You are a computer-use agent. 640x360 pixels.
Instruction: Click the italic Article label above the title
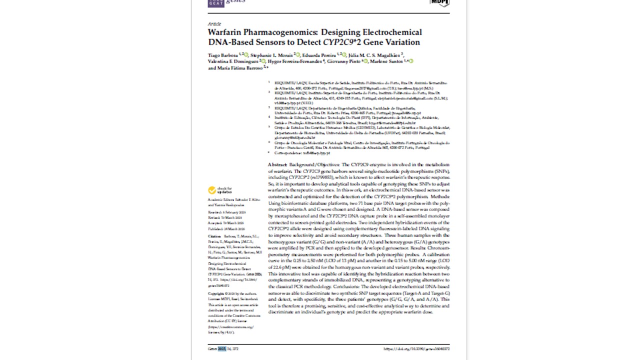pyautogui.click(x=214, y=23)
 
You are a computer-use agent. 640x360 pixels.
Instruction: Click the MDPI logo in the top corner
pyautogui.click(x=439, y=3)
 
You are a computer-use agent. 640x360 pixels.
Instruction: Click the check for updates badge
pyautogui.click(x=220, y=190)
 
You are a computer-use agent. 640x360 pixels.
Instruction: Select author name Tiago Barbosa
pyautogui.click(x=223, y=54)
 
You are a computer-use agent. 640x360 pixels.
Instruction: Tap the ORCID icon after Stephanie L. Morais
pyautogui.click(x=297, y=54)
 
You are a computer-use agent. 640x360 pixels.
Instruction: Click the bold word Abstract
pyautogui.click(x=277, y=164)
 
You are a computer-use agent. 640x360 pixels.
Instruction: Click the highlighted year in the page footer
pyautogui.click(x=221, y=348)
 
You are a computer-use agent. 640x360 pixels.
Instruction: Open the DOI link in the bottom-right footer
pyautogui.click(x=416, y=348)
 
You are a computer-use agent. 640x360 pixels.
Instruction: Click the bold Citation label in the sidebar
pyautogui.click(x=214, y=236)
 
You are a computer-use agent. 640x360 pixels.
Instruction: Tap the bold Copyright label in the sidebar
pyautogui.click(x=215, y=293)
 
